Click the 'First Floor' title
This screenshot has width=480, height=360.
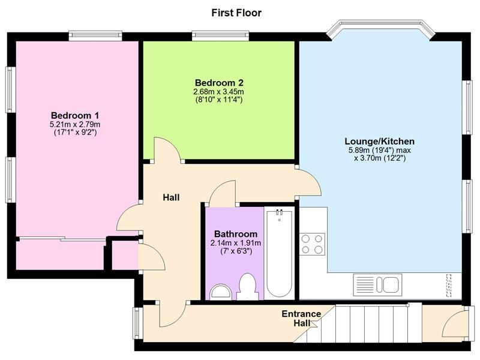(x=236, y=13)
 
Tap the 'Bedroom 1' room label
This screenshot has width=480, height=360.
(x=75, y=115)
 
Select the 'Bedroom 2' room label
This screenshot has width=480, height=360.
(x=218, y=83)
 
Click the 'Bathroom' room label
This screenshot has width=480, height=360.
(x=236, y=234)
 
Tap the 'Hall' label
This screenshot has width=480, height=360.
(x=171, y=197)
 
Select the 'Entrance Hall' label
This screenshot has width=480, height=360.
(x=301, y=319)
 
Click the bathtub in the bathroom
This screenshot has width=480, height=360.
(x=280, y=252)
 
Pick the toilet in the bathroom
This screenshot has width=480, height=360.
(x=248, y=286)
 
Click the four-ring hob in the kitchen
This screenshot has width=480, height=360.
(x=312, y=244)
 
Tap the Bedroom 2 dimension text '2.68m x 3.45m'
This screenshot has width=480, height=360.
(x=218, y=92)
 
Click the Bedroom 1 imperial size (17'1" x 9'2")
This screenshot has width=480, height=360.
(x=75, y=132)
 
